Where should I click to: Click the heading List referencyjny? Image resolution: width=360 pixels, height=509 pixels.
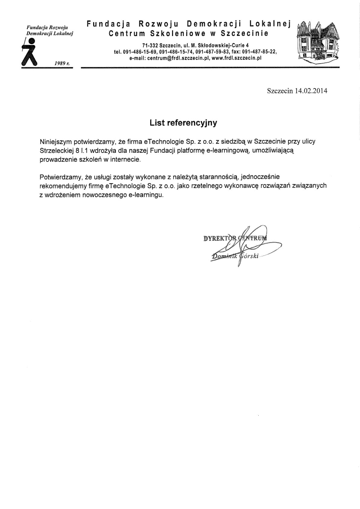[x=183, y=123]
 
